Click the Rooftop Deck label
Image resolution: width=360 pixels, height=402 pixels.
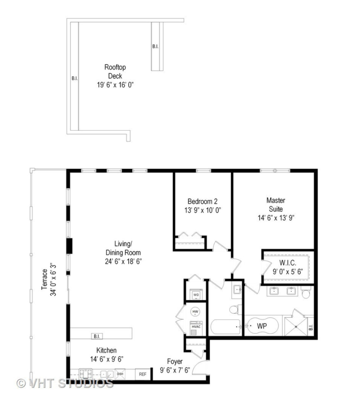click(115, 71)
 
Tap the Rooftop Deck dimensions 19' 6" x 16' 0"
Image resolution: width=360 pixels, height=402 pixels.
click(115, 85)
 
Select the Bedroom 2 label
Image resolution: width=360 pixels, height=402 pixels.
click(202, 201)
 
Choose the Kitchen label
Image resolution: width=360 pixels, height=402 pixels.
click(106, 350)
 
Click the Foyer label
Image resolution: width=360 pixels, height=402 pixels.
click(174, 361)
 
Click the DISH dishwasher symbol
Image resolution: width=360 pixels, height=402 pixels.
click(120, 374)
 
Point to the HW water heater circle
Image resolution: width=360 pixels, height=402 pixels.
click(196, 312)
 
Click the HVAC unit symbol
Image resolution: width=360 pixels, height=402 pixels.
click(196, 326)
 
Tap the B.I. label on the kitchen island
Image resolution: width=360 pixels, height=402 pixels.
click(96, 336)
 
